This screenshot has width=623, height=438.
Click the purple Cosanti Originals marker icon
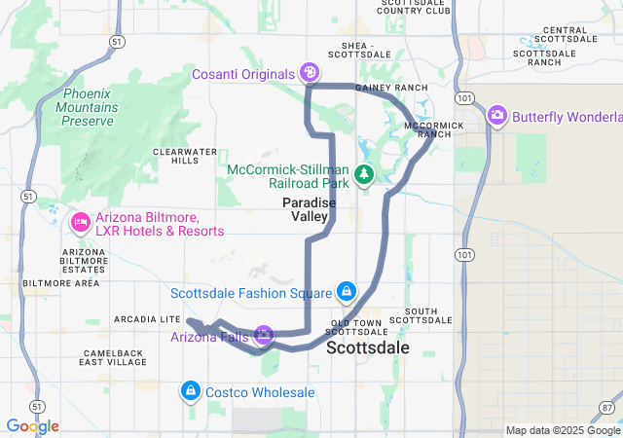point(310,73)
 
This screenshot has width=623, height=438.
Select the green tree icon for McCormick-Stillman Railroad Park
point(364,175)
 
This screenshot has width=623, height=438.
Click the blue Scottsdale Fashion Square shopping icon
point(346,291)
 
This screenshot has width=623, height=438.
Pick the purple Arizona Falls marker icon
point(263,336)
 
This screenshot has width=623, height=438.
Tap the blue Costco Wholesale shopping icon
point(191,391)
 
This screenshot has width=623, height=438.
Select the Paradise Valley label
point(310,209)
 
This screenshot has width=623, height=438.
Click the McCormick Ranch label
point(427,129)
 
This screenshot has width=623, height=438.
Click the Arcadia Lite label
point(147,318)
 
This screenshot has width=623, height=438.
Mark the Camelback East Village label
point(114,356)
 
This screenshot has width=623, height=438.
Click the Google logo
point(32,426)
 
